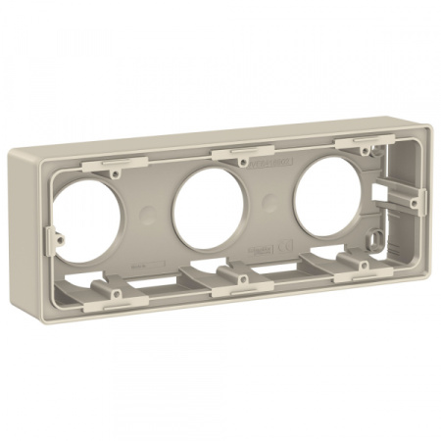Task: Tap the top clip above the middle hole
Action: (239, 152)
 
